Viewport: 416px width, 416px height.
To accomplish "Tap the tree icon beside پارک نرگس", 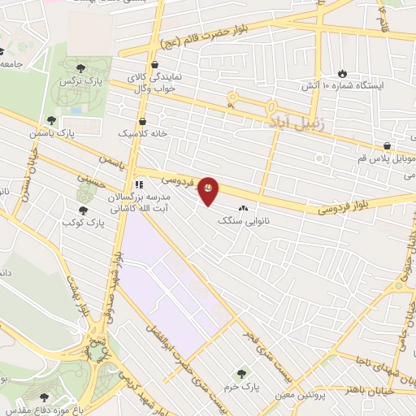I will point(79,68).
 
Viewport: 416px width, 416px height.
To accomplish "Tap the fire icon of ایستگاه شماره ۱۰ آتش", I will point(341,72).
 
